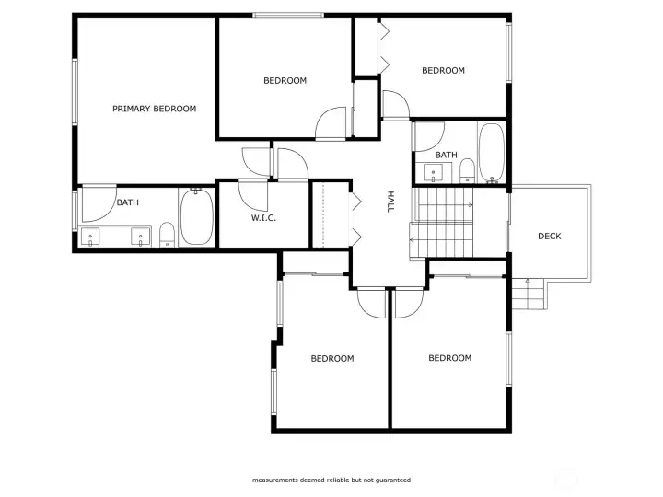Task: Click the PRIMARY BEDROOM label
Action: point(155,109)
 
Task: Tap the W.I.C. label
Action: point(263,218)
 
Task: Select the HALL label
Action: point(390,202)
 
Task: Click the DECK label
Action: point(549,237)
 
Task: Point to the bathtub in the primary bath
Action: point(197,216)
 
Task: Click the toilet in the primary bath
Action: point(167,235)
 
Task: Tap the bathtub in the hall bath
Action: point(492,153)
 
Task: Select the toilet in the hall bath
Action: point(467,171)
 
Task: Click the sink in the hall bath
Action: point(433,173)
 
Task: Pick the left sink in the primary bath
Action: point(90,237)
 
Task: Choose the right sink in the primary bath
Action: point(140,237)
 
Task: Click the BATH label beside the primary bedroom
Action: point(128,202)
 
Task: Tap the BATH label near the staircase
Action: point(446,156)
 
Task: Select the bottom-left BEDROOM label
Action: point(332,358)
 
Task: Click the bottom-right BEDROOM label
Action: point(450,358)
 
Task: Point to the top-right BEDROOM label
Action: point(443,70)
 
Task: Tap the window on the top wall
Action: point(289,16)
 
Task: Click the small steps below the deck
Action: point(528,294)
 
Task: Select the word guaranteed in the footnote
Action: point(394,480)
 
